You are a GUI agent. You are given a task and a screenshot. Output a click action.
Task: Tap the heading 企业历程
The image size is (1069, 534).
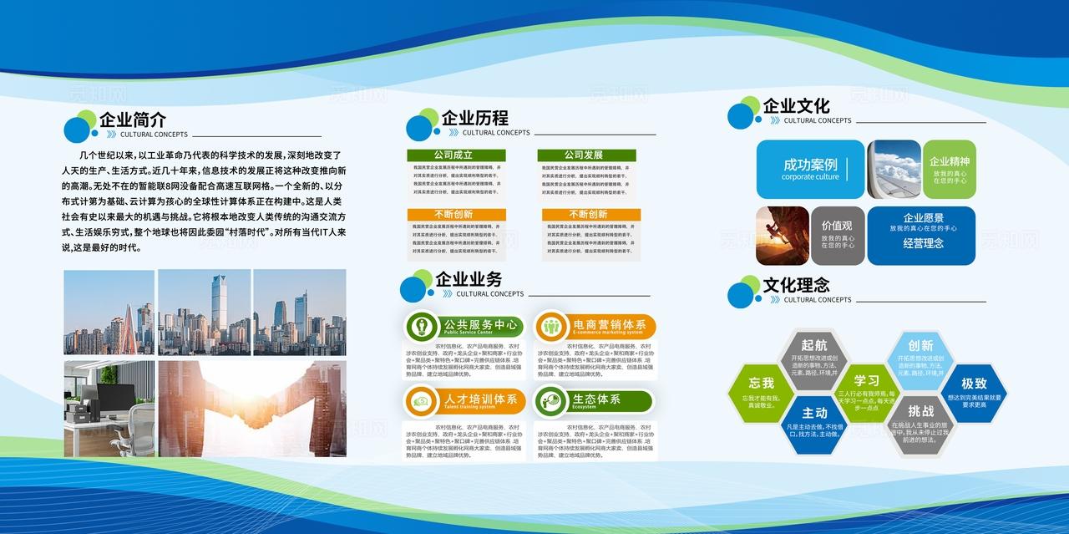474,118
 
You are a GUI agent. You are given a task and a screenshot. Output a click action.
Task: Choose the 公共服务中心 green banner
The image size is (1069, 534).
464,326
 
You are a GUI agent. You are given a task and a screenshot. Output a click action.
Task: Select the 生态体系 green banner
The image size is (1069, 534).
594,400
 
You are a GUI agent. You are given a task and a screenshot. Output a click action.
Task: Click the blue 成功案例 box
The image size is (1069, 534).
810,169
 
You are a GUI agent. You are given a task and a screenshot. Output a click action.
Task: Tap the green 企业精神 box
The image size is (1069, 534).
950,169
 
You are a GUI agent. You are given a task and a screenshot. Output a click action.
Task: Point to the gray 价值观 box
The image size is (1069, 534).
837,235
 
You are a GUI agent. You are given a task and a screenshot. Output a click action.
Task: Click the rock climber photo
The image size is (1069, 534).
782,235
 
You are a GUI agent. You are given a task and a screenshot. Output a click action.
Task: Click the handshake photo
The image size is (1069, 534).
251,409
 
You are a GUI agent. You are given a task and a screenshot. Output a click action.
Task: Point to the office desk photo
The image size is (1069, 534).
109,409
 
